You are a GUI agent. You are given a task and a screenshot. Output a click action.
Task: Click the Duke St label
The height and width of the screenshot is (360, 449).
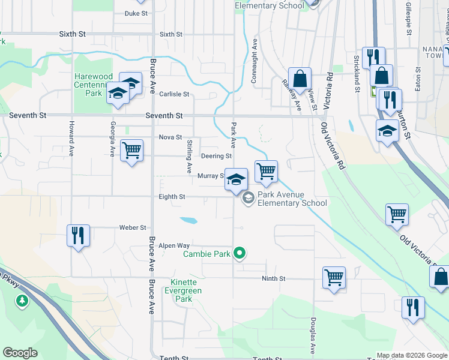tap(136, 13)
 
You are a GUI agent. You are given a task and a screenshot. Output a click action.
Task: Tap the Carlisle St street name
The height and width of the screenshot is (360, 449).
tap(174, 94)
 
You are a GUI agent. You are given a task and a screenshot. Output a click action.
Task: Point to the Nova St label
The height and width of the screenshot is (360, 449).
tap(170, 137)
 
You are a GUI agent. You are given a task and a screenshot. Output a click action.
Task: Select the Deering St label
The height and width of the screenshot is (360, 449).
tap(216, 157)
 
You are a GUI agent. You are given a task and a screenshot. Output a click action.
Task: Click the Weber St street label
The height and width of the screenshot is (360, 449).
tap(133, 228)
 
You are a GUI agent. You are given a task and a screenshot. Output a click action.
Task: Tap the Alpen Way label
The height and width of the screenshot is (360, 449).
tap(175, 246)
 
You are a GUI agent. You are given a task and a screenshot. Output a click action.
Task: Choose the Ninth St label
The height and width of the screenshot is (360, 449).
tap(273, 278)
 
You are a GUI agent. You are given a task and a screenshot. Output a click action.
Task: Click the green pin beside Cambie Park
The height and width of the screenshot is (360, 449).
tap(240, 254)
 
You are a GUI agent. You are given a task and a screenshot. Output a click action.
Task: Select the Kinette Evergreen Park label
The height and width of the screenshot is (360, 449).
tap(183, 290)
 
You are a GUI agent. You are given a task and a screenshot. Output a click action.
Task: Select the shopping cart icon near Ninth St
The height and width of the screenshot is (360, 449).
tap(334, 277)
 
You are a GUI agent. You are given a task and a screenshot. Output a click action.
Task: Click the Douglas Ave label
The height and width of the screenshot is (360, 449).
tap(313, 335)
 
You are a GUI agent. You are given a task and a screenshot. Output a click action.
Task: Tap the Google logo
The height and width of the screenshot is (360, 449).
tap(20, 353)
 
